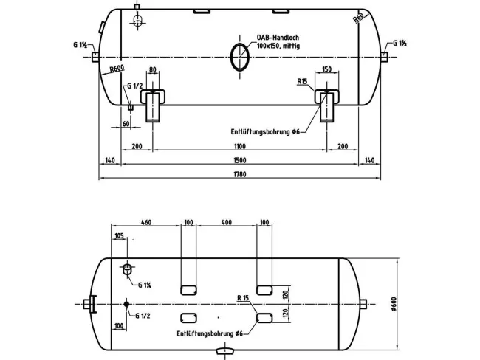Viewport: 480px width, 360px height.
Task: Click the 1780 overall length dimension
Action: (x=240, y=174)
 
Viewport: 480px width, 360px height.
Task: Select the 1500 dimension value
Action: (x=240, y=160)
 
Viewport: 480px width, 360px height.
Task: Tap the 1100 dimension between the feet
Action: (x=240, y=146)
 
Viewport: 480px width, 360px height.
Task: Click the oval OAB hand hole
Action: (x=240, y=57)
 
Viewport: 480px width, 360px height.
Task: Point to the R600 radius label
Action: (x=117, y=68)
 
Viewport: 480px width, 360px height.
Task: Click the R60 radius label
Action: (x=358, y=18)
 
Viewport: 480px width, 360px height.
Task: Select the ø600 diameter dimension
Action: (x=394, y=304)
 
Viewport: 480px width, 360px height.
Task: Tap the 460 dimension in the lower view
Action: (x=146, y=222)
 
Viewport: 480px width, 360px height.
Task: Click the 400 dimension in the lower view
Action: (x=227, y=222)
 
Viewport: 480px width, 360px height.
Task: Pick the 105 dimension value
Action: (x=119, y=236)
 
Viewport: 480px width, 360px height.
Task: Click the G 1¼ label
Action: (x=145, y=285)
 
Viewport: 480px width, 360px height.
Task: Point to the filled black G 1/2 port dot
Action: (x=126, y=304)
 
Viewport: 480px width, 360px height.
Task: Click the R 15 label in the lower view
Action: (x=243, y=298)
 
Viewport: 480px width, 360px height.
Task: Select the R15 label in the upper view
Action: (x=302, y=82)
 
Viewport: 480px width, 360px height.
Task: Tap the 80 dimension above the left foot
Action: (x=152, y=70)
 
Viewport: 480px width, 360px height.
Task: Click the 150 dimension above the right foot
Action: (x=327, y=69)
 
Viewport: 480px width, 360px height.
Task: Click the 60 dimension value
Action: (x=126, y=124)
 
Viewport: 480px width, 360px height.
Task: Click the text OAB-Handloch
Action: (x=278, y=38)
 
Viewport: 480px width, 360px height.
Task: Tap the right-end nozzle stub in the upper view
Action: (x=384, y=57)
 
